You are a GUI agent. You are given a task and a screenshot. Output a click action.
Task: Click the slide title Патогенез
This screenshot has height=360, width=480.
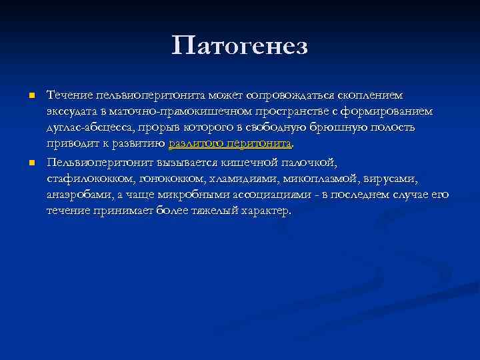coord(239,46)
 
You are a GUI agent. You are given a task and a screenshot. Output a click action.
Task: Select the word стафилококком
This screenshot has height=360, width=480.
coord(89,179)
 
